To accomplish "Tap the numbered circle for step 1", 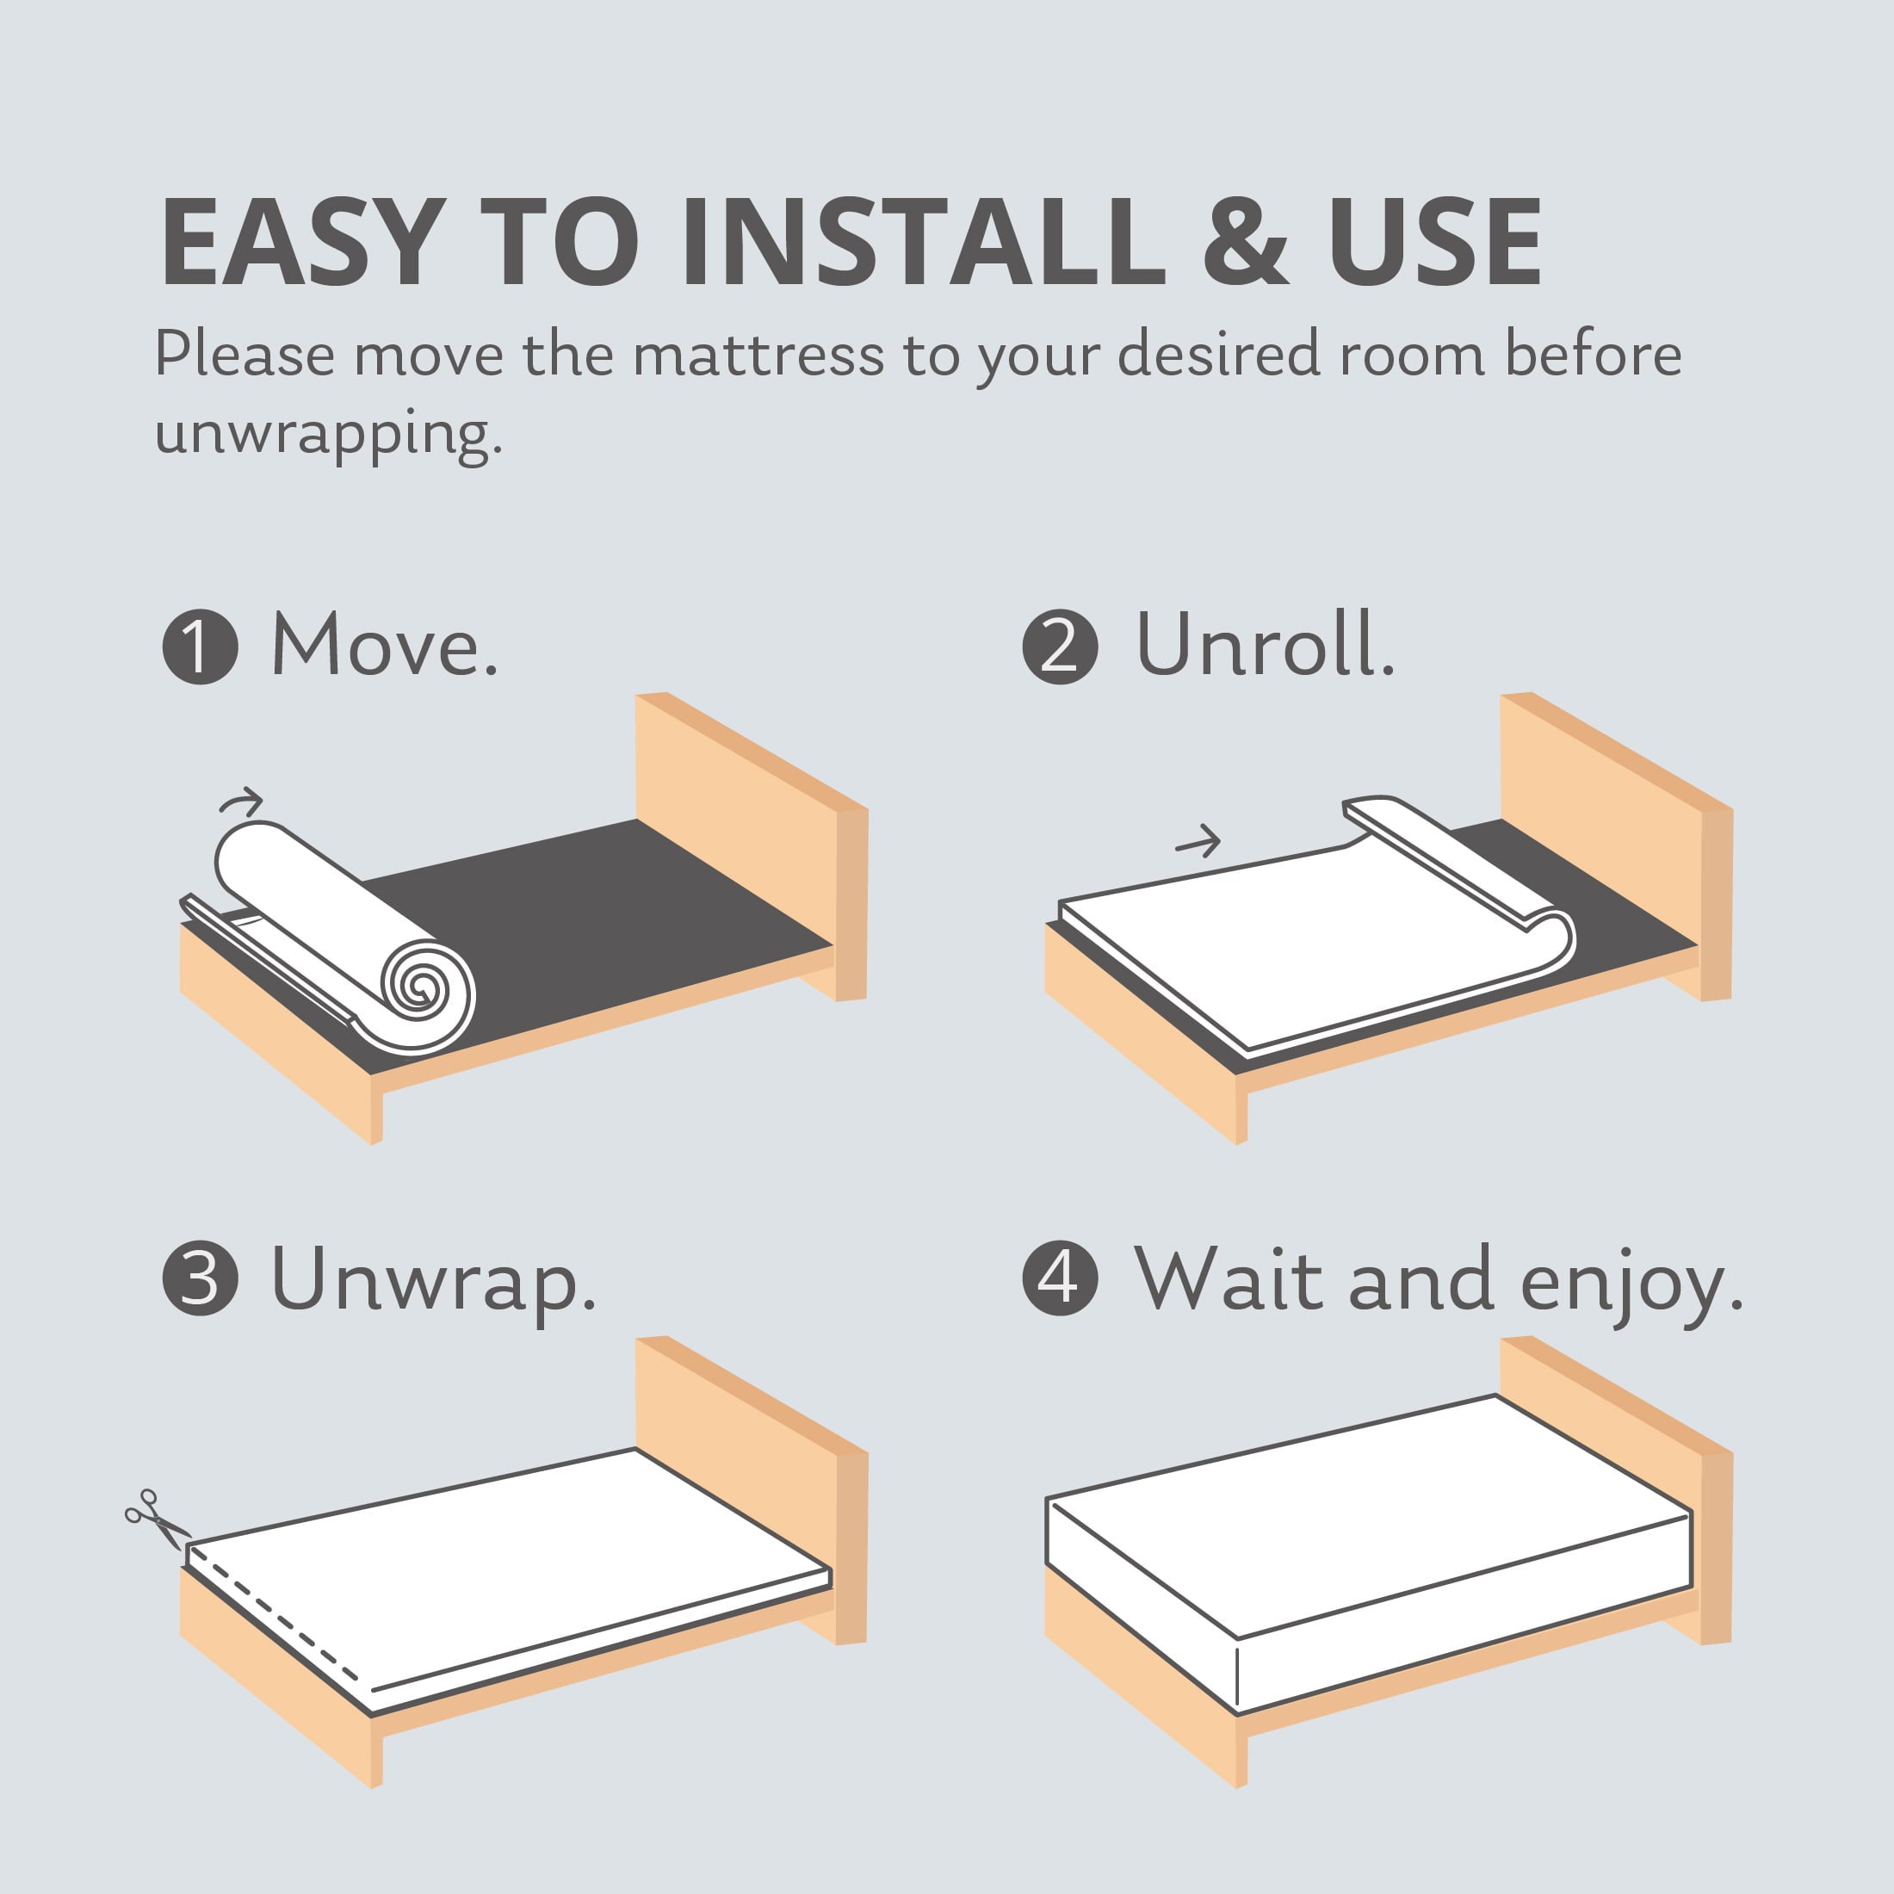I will [200, 647].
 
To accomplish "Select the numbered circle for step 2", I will [1060, 647].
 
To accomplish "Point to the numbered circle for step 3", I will [200, 1278].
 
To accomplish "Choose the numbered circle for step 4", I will [1060, 1278].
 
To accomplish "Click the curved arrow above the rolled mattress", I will [242, 803].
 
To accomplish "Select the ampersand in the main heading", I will [1244, 242].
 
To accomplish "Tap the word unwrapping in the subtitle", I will [328, 433].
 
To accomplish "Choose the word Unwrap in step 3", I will [432, 1279].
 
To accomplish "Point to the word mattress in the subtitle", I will [758, 356].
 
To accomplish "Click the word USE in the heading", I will [1435, 242].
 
